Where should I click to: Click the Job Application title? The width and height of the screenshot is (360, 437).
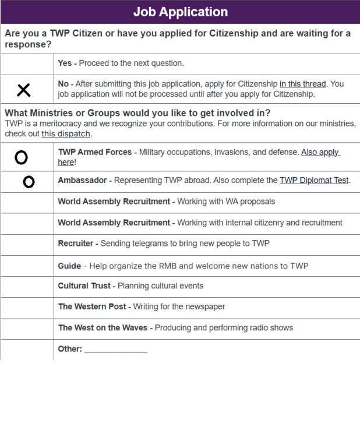180,12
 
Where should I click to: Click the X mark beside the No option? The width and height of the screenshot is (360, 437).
23,90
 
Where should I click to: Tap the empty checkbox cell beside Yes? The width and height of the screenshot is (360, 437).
27,64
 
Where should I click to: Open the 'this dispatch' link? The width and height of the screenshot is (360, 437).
66,133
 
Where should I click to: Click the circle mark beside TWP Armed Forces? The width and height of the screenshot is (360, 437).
21,157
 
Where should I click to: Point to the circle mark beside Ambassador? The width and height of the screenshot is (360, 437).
29,182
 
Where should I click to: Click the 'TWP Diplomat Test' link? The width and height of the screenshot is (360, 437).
313,180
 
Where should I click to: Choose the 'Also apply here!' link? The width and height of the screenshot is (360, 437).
320,152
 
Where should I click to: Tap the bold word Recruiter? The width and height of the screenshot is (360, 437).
75,244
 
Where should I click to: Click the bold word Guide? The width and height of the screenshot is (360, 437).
69,266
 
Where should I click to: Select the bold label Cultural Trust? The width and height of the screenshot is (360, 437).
84,286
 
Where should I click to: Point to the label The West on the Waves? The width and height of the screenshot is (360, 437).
103,327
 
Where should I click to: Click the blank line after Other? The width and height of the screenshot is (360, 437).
116,350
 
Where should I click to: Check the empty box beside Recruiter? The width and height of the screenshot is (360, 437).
27,245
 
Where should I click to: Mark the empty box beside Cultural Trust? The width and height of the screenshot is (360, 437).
27,287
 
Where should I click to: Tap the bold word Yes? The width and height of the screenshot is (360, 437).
65,63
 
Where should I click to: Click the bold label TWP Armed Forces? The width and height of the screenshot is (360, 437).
95,152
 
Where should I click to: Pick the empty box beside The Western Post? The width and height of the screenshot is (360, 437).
27,308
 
